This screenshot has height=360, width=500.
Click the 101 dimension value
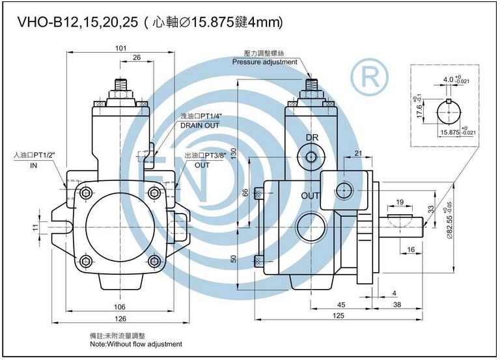120,48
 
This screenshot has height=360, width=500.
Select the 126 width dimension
120,318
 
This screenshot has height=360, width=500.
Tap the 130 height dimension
234,154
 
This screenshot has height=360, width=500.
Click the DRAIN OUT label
200,125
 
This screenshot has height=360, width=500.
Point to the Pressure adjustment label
265,62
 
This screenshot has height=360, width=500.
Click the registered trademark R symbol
370,77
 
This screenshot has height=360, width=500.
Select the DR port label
312,137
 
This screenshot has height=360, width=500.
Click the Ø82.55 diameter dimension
450,220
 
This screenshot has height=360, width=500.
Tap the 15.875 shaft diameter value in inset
450,132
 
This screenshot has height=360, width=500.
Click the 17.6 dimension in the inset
419,111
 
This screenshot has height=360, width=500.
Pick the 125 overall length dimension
339,315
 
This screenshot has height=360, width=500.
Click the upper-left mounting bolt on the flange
85,193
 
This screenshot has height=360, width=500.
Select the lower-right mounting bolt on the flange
155,262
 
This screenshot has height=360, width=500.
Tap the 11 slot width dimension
35,227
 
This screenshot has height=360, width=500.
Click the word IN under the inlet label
33,165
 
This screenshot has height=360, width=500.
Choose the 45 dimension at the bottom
341,305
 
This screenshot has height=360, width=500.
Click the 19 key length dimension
400,202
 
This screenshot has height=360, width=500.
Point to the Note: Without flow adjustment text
136,344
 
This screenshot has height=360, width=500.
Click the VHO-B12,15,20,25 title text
77,22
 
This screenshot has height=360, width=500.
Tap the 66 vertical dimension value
245,193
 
